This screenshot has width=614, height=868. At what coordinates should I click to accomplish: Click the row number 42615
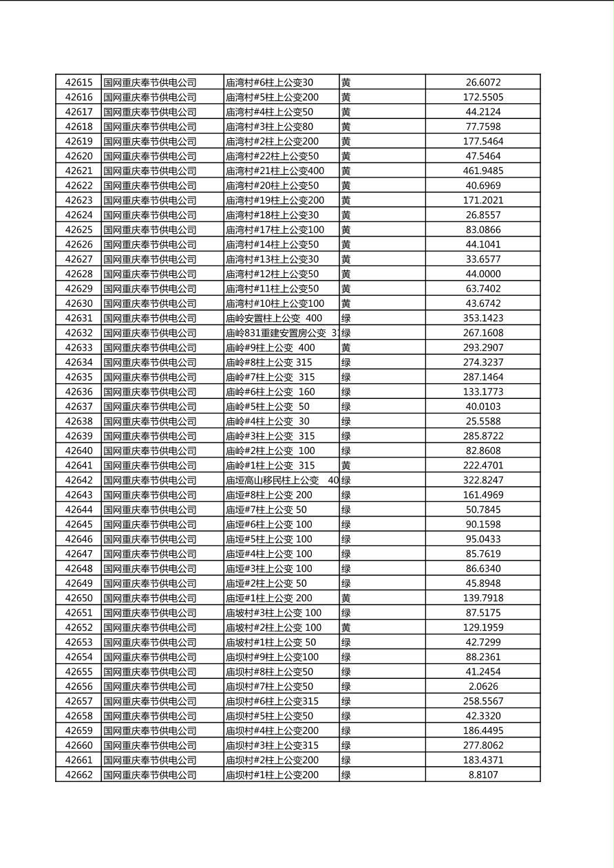(x=78, y=83)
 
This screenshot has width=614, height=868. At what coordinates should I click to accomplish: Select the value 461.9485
(x=483, y=171)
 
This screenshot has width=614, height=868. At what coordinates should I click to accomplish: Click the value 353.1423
(x=483, y=318)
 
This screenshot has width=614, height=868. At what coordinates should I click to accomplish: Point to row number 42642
(x=78, y=480)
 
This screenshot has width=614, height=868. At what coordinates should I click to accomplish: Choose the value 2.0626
(x=483, y=686)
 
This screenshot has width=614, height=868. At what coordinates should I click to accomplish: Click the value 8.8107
(x=483, y=774)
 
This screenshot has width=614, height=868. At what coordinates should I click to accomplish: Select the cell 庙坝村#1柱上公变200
(x=272, y=774)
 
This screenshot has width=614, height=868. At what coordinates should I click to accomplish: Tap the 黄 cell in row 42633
(x=346, y=347)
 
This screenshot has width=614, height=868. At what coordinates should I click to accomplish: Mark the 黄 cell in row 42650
(x=346, y=598)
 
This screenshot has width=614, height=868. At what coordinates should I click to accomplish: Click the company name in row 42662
(x=150, y=774)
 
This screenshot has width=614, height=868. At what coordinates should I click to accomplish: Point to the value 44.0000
(x=483, y=274)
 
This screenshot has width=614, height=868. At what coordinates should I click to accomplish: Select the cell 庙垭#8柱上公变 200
(x=269, y=495)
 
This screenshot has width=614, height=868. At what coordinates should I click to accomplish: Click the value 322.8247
(x=483, y=480)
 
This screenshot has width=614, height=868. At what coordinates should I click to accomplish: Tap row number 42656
(x=78, y=686)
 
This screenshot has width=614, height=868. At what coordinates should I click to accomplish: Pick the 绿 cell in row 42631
(x=346, y=318)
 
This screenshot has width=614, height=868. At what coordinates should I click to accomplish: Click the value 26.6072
(x=483, y=83)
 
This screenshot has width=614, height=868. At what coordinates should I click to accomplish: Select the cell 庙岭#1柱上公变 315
(x=271, y=465)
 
